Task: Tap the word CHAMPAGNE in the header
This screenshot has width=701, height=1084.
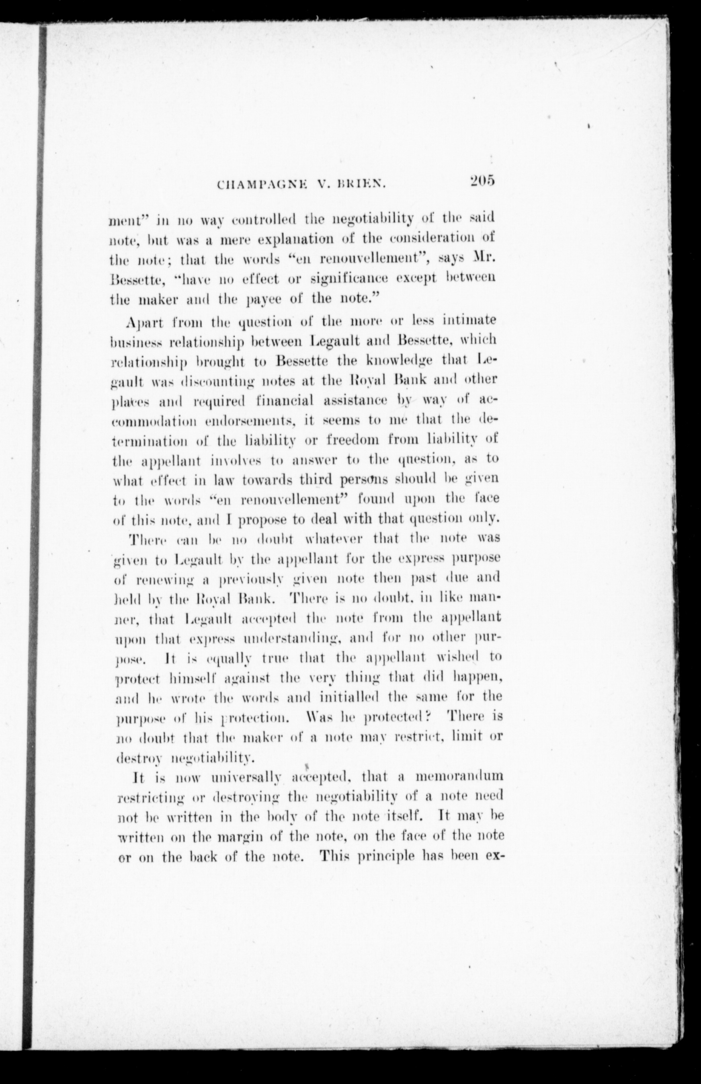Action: (x=254, y=185)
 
